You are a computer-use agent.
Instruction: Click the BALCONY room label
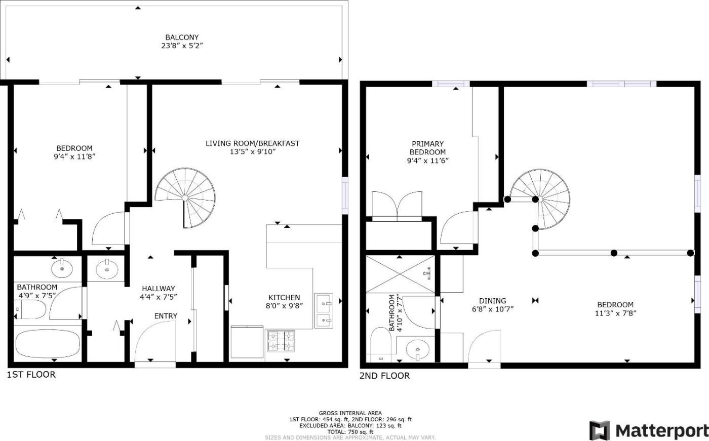pos(182,37)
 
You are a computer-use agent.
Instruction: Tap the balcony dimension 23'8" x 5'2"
pos(182,46)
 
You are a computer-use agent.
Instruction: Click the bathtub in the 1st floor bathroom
pos(48,344)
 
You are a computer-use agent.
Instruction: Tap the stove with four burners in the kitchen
pos(281,341)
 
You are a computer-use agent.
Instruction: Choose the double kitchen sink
pos(324,311)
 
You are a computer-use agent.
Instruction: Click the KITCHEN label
pos(284,298)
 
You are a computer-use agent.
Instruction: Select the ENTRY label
pos(166,316)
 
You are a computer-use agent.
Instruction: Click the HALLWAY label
pos(158,289)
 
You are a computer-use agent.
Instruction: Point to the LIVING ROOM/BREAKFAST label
pos(253,143)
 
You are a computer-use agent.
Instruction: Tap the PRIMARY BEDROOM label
pos(427,148)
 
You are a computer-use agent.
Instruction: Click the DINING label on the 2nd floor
pos(492,301)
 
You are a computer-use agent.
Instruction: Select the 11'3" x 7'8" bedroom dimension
pos(616,313)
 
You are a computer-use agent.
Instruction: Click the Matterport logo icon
pos(599,430)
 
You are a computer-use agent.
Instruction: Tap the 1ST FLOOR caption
pos(31,375)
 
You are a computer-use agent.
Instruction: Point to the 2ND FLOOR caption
pos(384,376)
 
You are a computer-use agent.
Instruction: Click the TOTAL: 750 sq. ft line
pos(350,432)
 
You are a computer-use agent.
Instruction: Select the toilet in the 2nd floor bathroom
pos(381,345)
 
